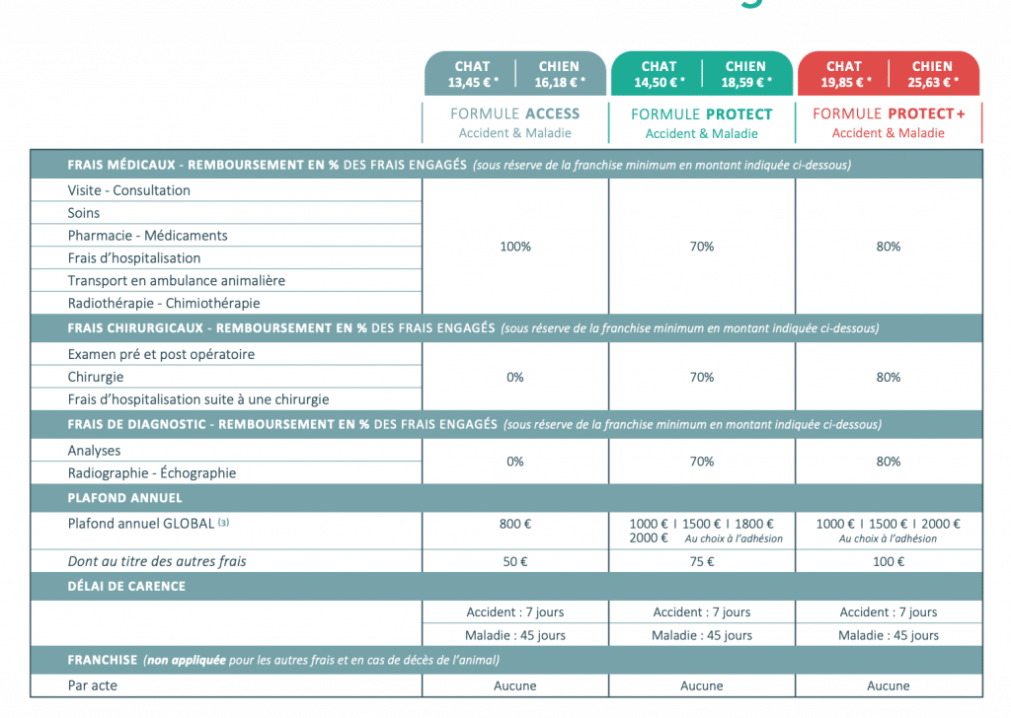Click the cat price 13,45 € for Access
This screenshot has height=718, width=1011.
(472, 82)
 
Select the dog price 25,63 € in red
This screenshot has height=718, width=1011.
(932, 82)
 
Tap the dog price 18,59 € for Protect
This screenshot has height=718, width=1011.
(745, 82)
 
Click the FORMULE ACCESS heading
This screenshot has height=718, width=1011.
(514, 113)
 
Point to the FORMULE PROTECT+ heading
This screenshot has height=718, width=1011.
(889, 113)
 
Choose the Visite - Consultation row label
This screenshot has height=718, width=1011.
(129, 190)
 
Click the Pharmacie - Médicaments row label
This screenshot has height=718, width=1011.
(147, 236)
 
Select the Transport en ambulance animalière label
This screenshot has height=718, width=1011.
(176, 281)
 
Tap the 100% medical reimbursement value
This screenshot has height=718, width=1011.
(514, 247)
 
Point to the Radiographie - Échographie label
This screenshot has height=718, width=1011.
(152, 473)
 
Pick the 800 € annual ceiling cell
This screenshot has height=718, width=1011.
(514, 525)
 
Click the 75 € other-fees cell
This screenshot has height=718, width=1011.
(702, 561)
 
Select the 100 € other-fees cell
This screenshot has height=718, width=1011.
(889, 561)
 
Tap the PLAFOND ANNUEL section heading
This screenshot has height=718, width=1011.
(124, 498)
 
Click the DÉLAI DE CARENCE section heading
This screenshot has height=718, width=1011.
(126, 586)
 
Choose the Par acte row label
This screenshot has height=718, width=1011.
(93, 685)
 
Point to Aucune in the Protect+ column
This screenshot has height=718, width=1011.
(889, 685)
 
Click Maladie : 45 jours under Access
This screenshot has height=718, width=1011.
(514, 635)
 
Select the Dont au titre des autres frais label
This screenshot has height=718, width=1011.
(157, 561)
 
